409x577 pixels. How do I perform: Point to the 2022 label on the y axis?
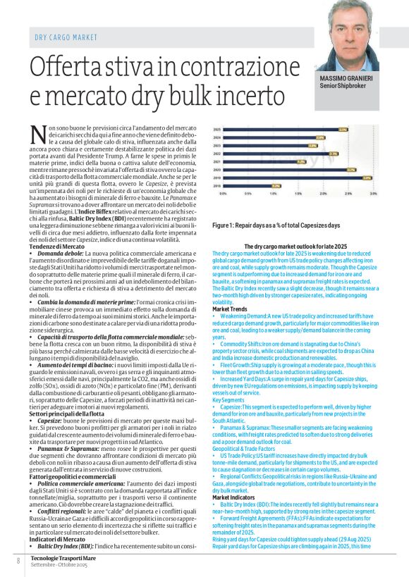[217, 154]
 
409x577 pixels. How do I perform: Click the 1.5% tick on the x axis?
[298, 192]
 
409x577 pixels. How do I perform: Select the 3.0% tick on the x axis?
[371, 192]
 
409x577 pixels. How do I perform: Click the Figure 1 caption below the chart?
[267, 225]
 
